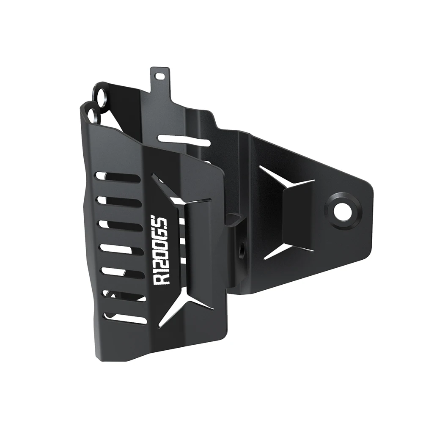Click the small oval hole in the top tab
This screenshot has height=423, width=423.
click(x=160, y=76)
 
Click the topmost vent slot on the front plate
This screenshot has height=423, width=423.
click(x=118, y=177)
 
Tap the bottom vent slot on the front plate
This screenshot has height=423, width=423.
click(x=125, y=318)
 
